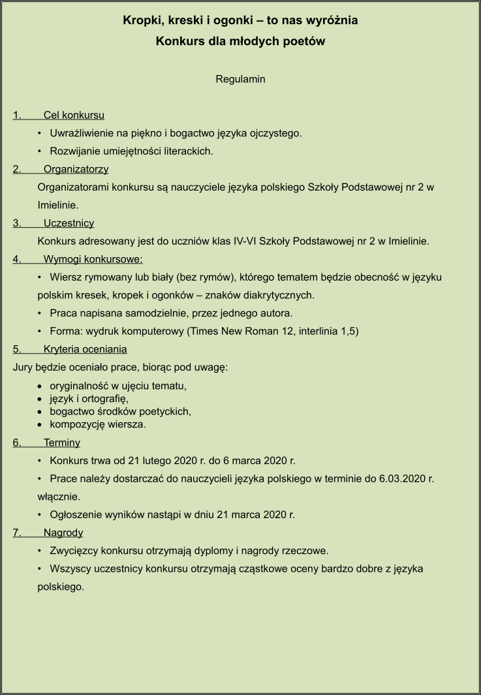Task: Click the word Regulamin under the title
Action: click(240, 79)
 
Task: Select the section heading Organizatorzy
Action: click(76, 169)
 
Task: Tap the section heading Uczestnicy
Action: click(69, 223)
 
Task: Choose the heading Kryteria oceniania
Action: click(85, 349)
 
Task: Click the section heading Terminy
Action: click(61, 442)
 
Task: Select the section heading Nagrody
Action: click(63, 533)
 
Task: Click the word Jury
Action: click(23, 367)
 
